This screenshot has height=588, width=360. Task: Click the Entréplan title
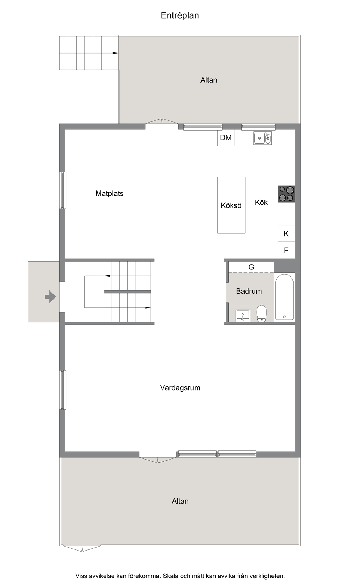click(180, 15)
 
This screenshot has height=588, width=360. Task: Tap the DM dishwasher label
click(226, 138)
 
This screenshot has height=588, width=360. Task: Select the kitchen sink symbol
click(262, 138)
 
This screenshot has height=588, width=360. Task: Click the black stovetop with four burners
click(286, 194)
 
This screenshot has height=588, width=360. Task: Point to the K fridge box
click(286, 233)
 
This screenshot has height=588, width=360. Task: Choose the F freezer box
click(286, 250)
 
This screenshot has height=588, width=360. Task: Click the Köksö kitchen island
click(231, 205)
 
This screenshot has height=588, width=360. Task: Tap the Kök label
click(261, 202)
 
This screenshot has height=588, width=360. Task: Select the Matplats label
click(110, 194)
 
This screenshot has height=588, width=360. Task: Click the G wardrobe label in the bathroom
click(251, 267)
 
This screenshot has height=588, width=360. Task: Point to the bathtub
click(284, 297)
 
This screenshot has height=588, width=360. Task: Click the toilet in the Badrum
click(262, 314)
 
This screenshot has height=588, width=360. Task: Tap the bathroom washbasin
click(243, 316)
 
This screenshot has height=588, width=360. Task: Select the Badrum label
click(249, 291)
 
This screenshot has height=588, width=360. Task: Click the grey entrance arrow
click(50, 297)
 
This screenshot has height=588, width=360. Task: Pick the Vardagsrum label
click(180, 388)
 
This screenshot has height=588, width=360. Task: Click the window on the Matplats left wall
click(63, 190)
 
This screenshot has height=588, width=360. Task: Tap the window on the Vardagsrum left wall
click(63, 390)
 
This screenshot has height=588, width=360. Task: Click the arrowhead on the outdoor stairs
click(115, 53)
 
